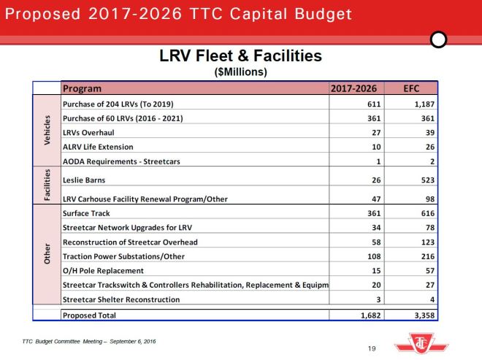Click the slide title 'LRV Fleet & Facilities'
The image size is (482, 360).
click(x=240, y=56)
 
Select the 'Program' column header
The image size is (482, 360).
click(x=82, y=88)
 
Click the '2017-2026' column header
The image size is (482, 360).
click(x=353, y=88)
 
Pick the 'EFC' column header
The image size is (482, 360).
click(x=410, y=88)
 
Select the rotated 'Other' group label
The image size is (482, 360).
click(x=47, y=256)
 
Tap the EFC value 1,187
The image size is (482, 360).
click(x=422, y=105)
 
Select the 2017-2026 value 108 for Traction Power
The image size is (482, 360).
click(x=370, y=256)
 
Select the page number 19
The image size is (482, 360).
click(x=371, y=348)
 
